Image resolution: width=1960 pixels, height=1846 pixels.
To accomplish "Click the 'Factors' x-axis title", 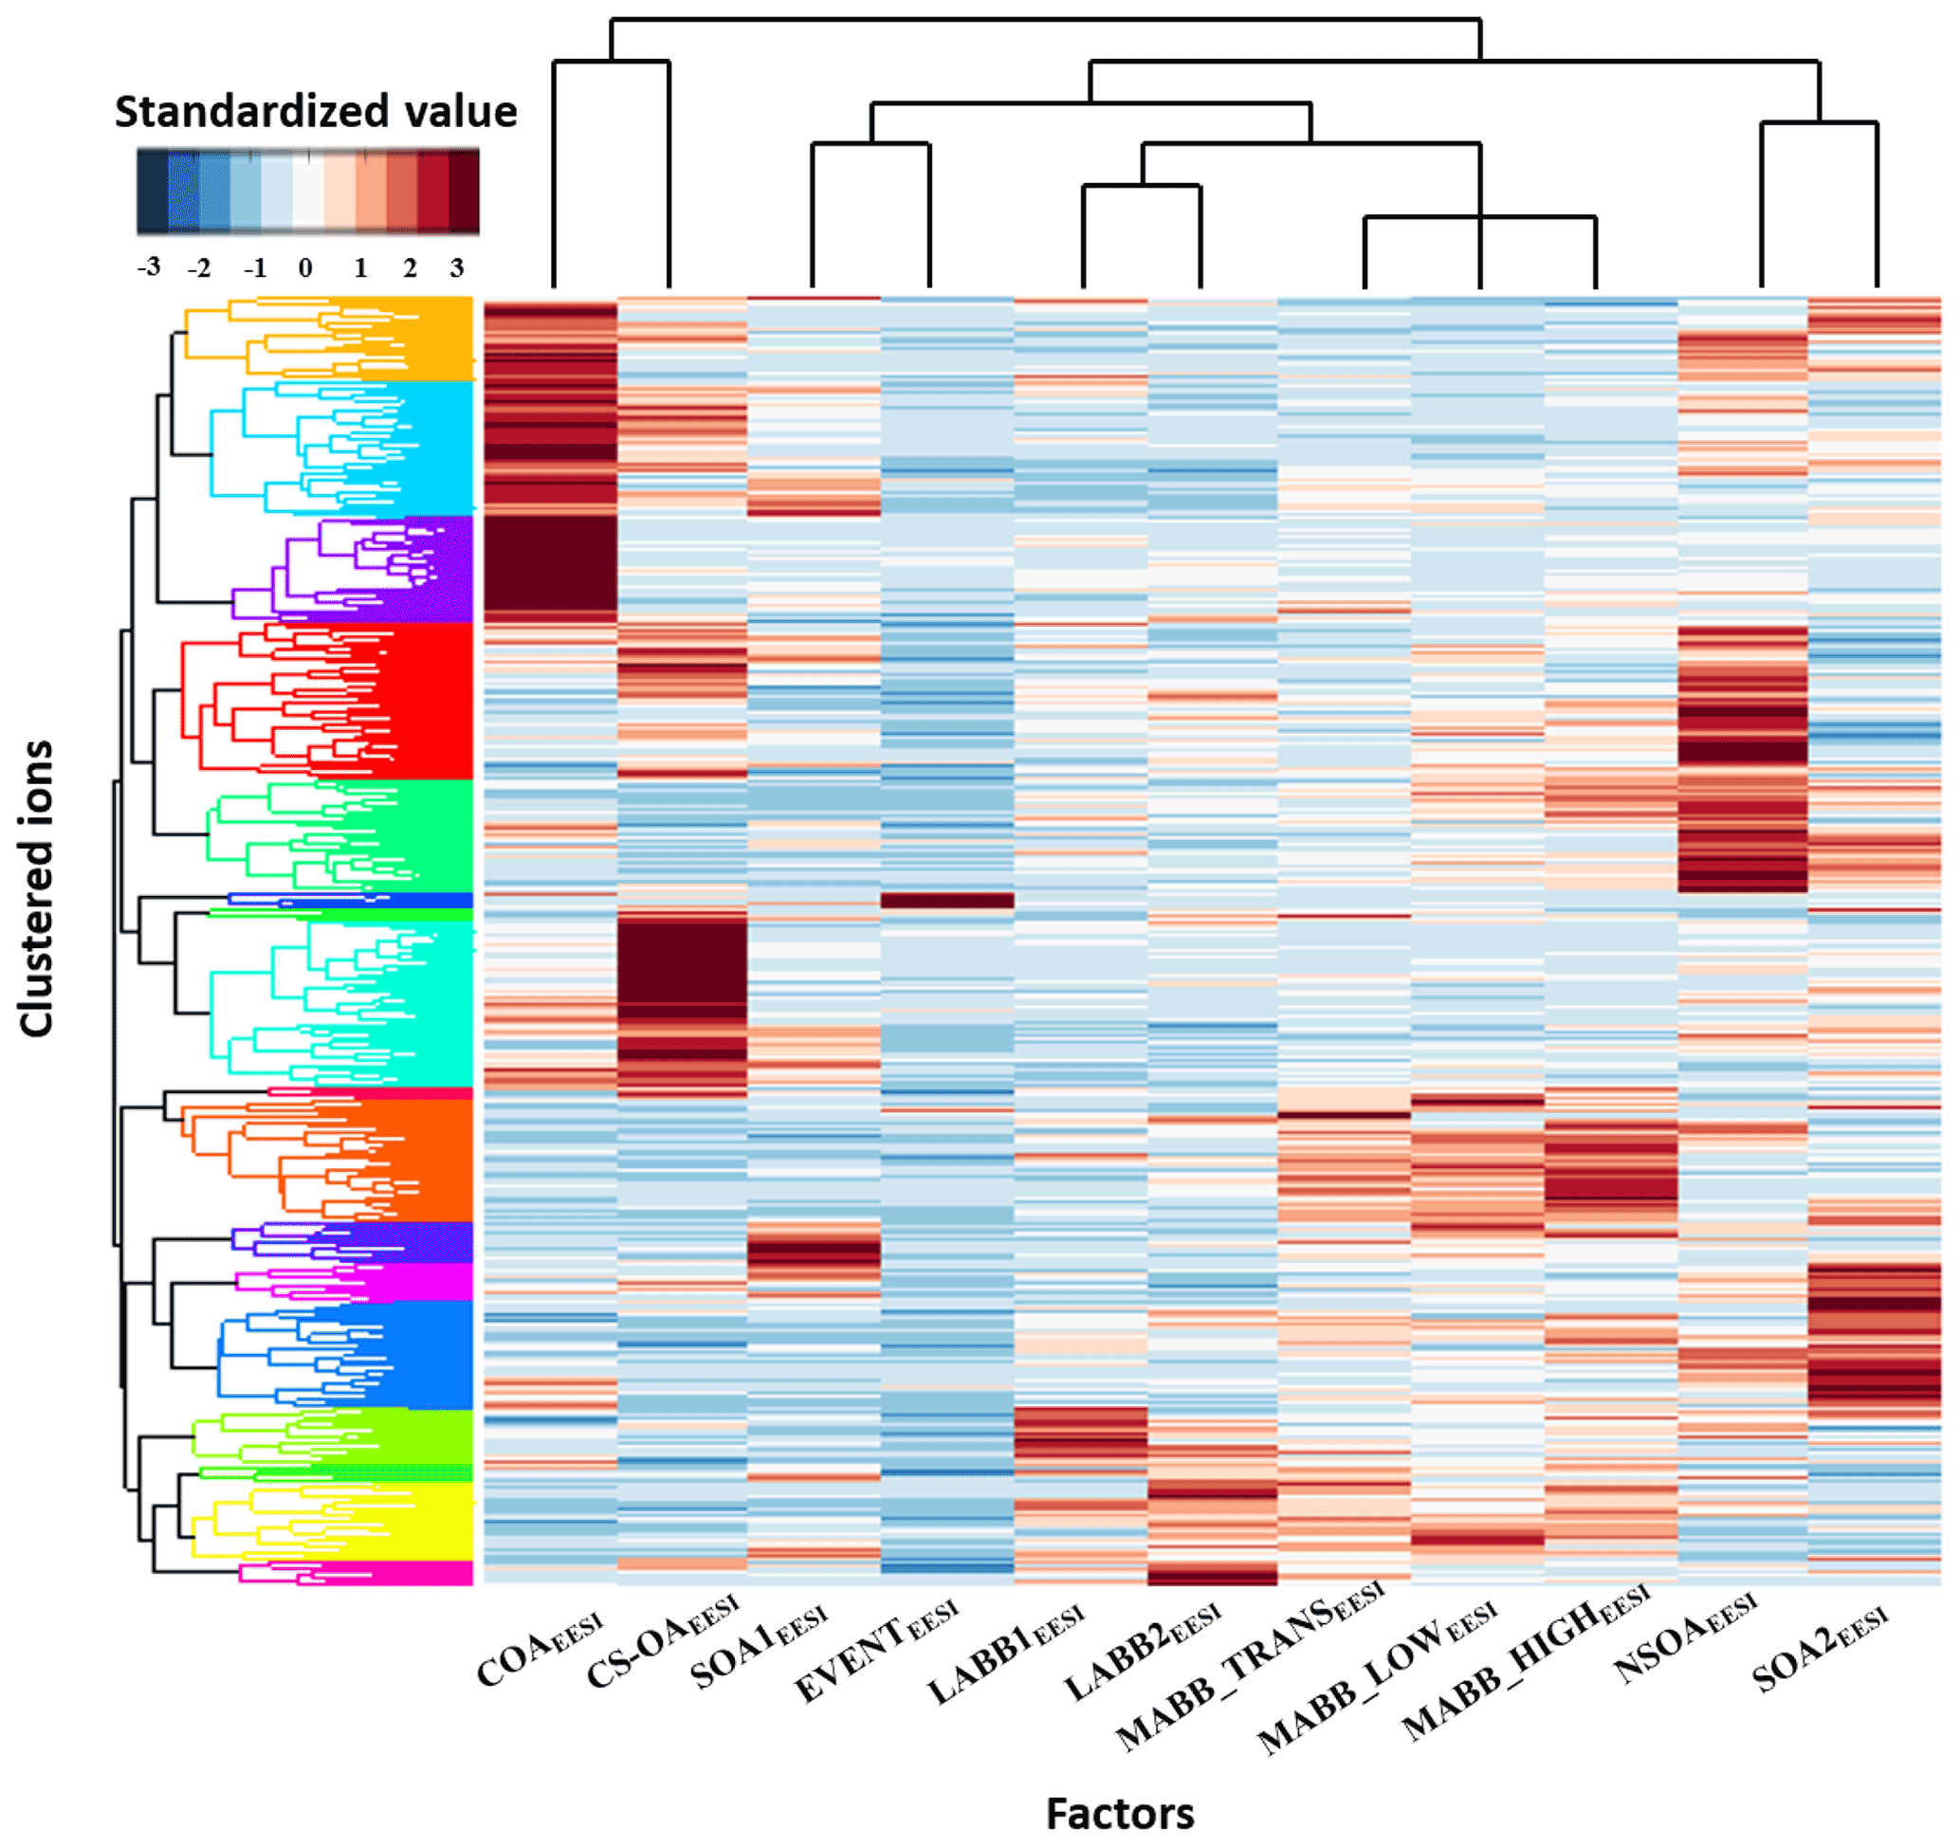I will coord(1120,1813).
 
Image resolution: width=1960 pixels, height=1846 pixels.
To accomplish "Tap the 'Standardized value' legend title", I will coord(316,111).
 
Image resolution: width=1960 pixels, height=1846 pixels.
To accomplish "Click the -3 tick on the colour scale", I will coord(149,267).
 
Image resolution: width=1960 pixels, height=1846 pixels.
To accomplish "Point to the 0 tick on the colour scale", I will coord(305,267).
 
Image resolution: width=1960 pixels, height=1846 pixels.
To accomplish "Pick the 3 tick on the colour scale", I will coord(456,267).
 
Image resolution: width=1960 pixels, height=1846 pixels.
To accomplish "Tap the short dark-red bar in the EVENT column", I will coord(946,900).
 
